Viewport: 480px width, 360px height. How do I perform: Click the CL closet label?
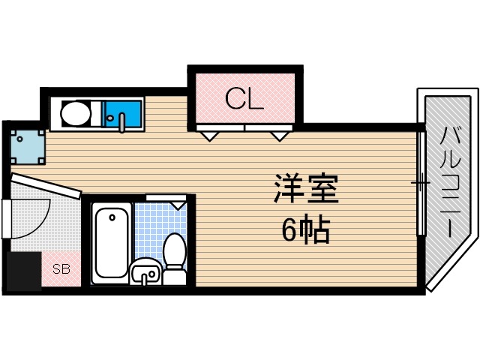(x=244, y=99)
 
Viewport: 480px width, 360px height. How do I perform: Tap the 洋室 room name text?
(x=306, y=189)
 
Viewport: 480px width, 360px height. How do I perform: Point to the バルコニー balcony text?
(x=449, y=184)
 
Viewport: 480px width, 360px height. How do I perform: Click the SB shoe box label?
(x=61, y=268)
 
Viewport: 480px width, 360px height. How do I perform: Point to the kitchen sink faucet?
(x=122, y=121)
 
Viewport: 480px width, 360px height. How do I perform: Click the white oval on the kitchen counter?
(x=75, y=115)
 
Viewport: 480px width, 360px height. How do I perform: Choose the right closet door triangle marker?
(x=280, y=136)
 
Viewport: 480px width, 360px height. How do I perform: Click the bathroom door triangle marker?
(x=178, y=203)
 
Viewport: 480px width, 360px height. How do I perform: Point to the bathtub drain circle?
(x=112, y=217)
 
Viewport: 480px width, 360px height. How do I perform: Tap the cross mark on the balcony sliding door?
(x=420, y=182)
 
